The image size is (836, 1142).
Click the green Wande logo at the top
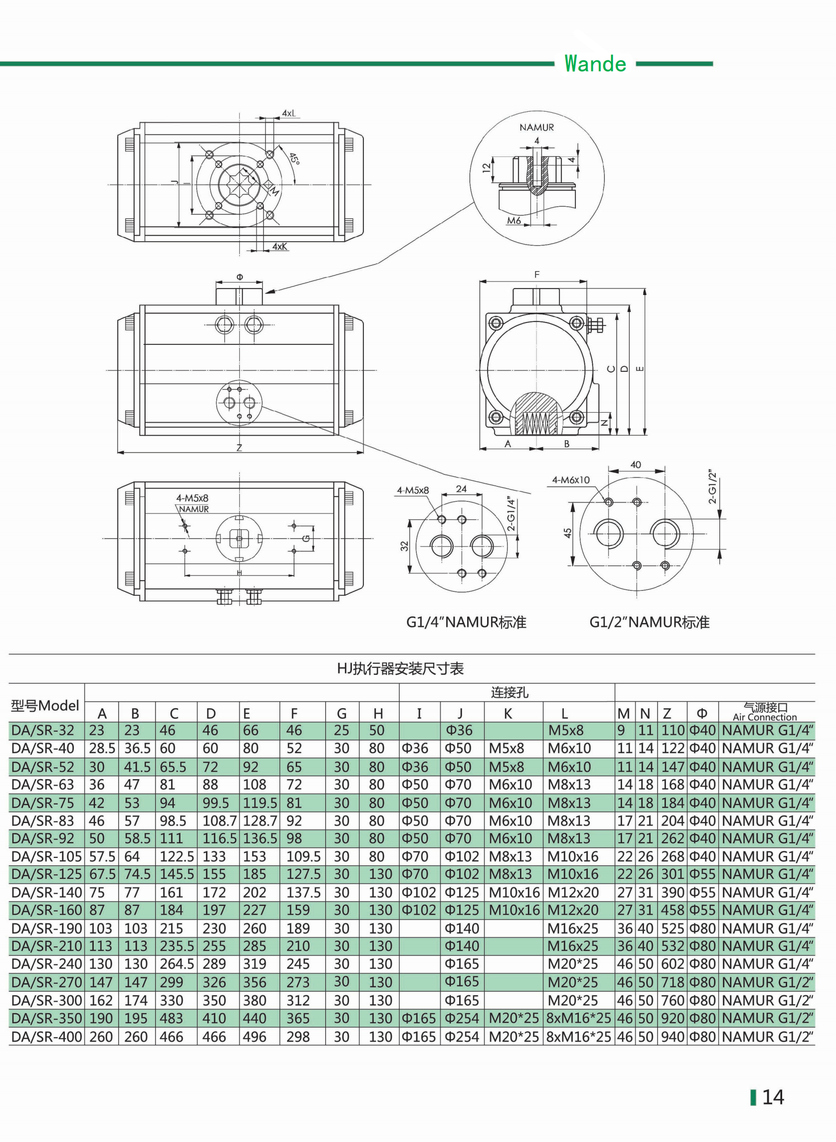[x=595, y=64]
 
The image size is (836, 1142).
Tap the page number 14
[x=773, y=1097]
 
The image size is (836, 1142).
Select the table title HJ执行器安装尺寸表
[x=400, y=668]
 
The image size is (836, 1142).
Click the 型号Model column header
[x=45, y=705]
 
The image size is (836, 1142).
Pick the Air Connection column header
[x=765, y=716]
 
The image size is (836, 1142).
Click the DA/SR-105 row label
[x=46, y=857]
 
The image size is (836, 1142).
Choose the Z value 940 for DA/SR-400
[x=672, y=1037]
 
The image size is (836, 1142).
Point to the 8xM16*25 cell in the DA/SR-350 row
[x=578, y=1018]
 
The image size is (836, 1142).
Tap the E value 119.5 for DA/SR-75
[x=260, y=803]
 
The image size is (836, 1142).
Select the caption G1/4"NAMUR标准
[x=466, y=622]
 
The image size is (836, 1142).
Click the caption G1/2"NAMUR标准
[x=649, y=622]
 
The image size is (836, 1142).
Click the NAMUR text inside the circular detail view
[x=536, y=128]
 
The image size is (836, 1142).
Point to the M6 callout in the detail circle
[x=513, y=221]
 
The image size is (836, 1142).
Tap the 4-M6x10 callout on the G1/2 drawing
[x=571, y=480]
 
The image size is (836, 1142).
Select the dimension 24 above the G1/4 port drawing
[x=461, y=489]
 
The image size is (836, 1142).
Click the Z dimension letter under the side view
[x=239, y=447]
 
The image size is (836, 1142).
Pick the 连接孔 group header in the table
[x=509, y=692]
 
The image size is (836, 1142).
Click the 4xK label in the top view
[x=280, y=246]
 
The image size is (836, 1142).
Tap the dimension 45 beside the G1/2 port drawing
[x=567, y=533]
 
